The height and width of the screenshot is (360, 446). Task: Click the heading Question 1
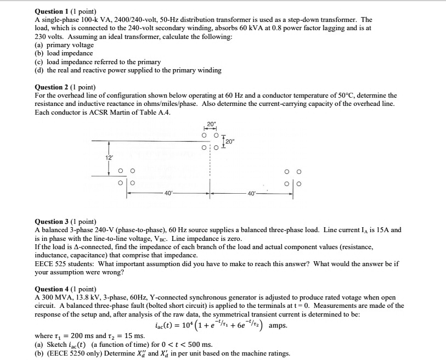[x=57, y=10]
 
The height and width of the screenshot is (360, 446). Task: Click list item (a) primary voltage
[x=64, y=45]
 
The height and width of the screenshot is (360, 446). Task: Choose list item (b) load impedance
[x=64, y=53]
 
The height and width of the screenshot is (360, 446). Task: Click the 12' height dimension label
[x=109, y=157]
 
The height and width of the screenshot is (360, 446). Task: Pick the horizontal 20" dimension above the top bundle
[x=211, y=123]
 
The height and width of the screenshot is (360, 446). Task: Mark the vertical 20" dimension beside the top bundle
[x=229, y=142]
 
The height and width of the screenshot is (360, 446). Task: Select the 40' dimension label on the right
[x=252, y=193]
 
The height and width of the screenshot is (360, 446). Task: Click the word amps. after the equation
[x=279, y=325]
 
